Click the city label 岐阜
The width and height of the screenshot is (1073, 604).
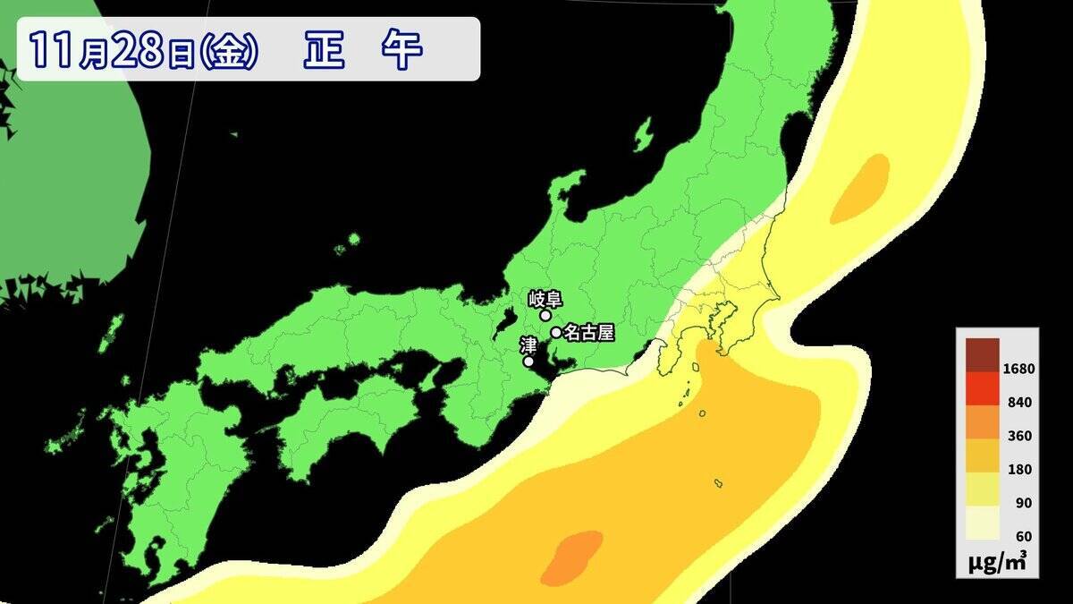(544, 299)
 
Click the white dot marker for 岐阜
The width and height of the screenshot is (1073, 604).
(545, 315)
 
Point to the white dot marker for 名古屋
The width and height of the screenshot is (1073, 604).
(556, 333)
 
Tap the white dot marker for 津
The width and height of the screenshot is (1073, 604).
(528, 362)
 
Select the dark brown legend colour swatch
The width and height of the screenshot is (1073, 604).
(982, 353)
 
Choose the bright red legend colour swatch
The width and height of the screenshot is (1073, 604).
(982, 387)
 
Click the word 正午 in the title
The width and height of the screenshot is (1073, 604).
(361, 50)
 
